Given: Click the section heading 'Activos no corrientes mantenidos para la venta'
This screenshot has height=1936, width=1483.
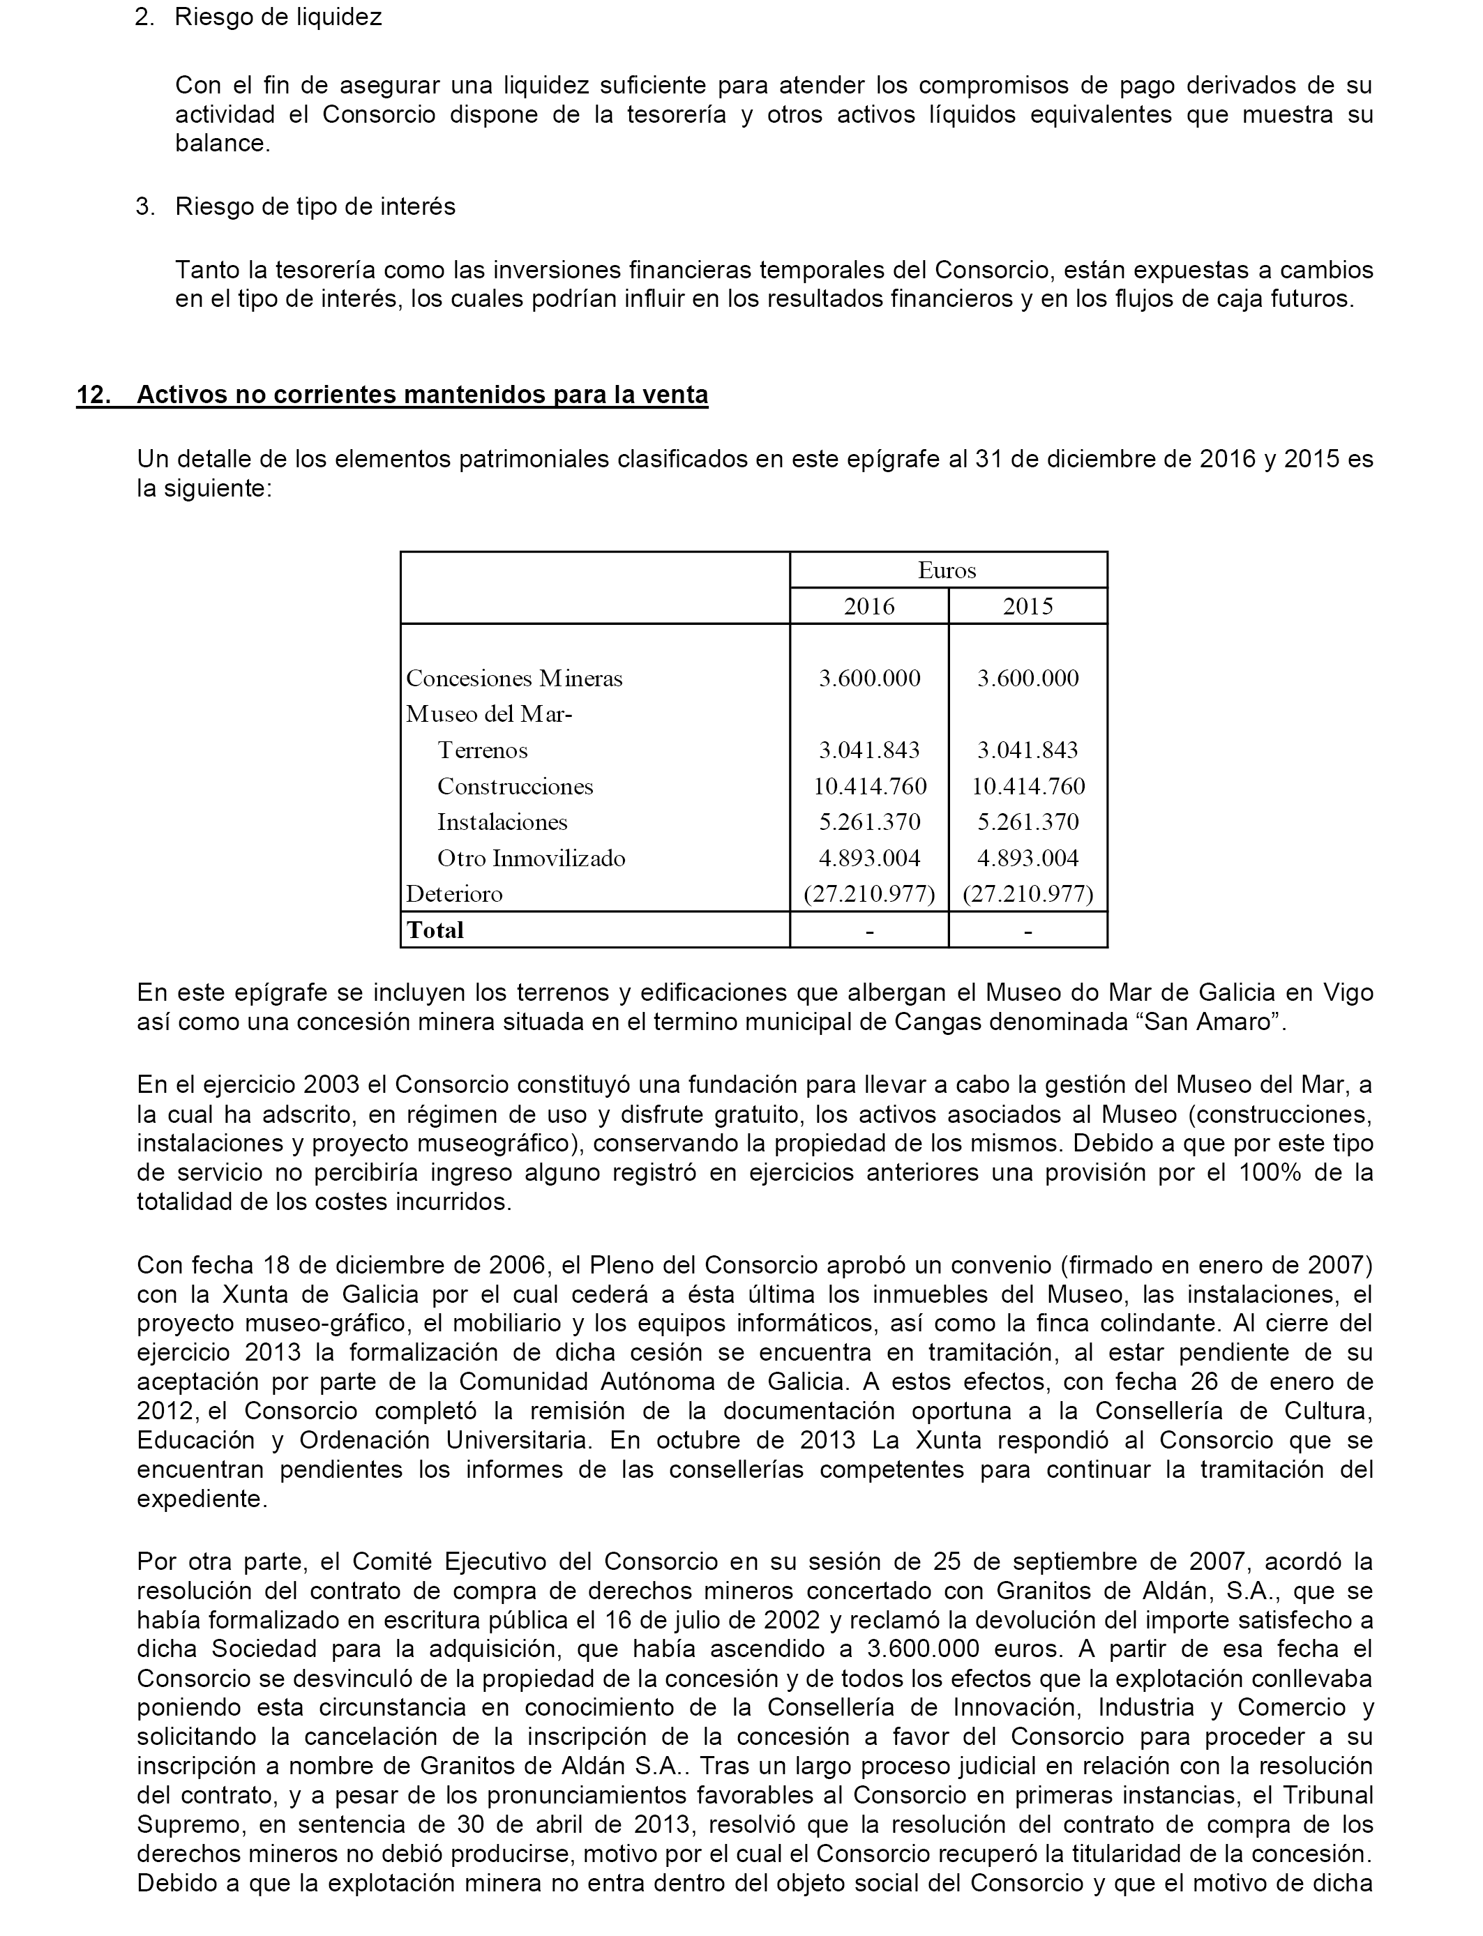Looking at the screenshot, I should click(422, 395).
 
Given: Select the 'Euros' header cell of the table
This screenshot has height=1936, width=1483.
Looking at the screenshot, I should click(947, 570).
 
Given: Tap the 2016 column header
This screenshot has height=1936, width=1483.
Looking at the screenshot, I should click(868, 606).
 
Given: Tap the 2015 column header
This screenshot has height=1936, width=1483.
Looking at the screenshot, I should click(1027, 606).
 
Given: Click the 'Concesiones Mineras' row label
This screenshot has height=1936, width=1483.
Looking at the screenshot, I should click(514, 679).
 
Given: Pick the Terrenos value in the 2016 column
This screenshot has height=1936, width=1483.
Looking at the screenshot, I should click(868, 750).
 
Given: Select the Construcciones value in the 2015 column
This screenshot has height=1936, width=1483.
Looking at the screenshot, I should click(1027, 786).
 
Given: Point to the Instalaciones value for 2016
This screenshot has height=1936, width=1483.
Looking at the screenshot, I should click(868, 822).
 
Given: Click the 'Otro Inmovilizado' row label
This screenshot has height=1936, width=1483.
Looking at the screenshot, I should click(531, 858).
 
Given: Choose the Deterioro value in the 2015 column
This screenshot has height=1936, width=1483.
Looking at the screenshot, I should click(1027, 894).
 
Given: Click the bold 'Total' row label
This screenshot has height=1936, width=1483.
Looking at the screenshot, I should click(435, 930).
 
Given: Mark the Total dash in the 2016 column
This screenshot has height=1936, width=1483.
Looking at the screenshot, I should click(868, 931).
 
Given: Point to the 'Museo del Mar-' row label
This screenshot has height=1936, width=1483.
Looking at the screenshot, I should click(488, 714).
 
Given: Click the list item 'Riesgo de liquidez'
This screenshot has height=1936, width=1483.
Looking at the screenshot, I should click(278, 17).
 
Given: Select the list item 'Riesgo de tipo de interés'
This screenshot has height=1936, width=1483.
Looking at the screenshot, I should click(315, 206).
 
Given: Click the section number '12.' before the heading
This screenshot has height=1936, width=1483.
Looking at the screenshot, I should click(94, 395).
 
